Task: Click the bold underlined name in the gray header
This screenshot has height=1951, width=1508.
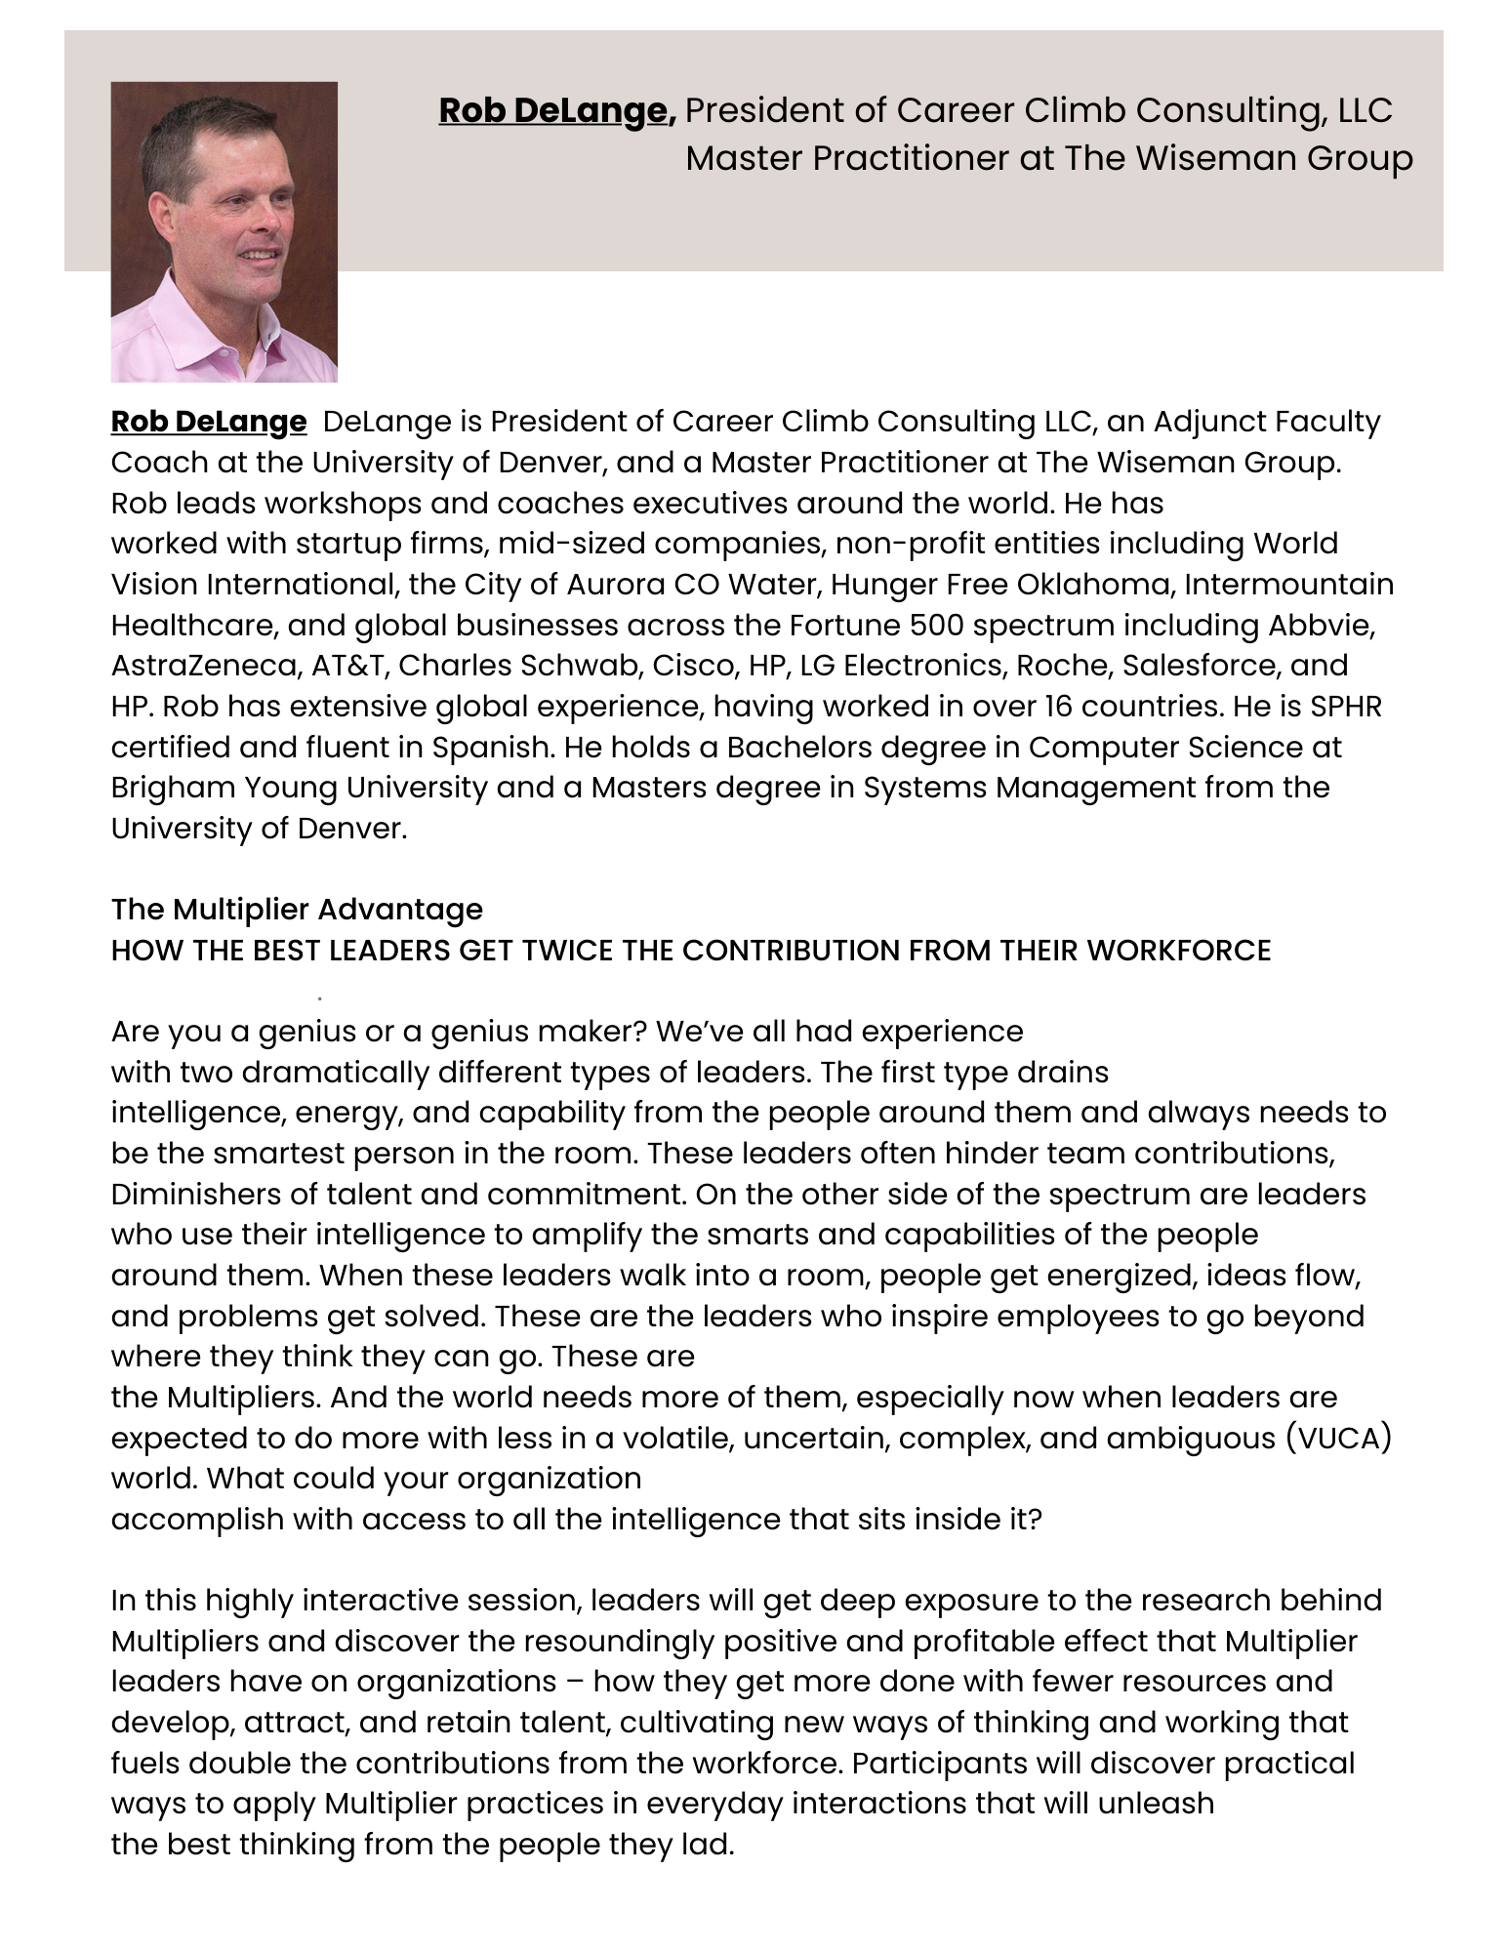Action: (556, 111)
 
